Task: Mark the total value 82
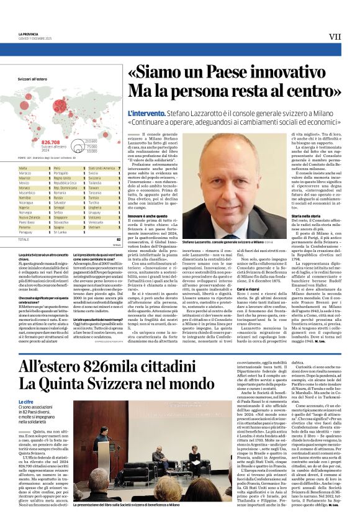pyautogui.click(x=118, y=239)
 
